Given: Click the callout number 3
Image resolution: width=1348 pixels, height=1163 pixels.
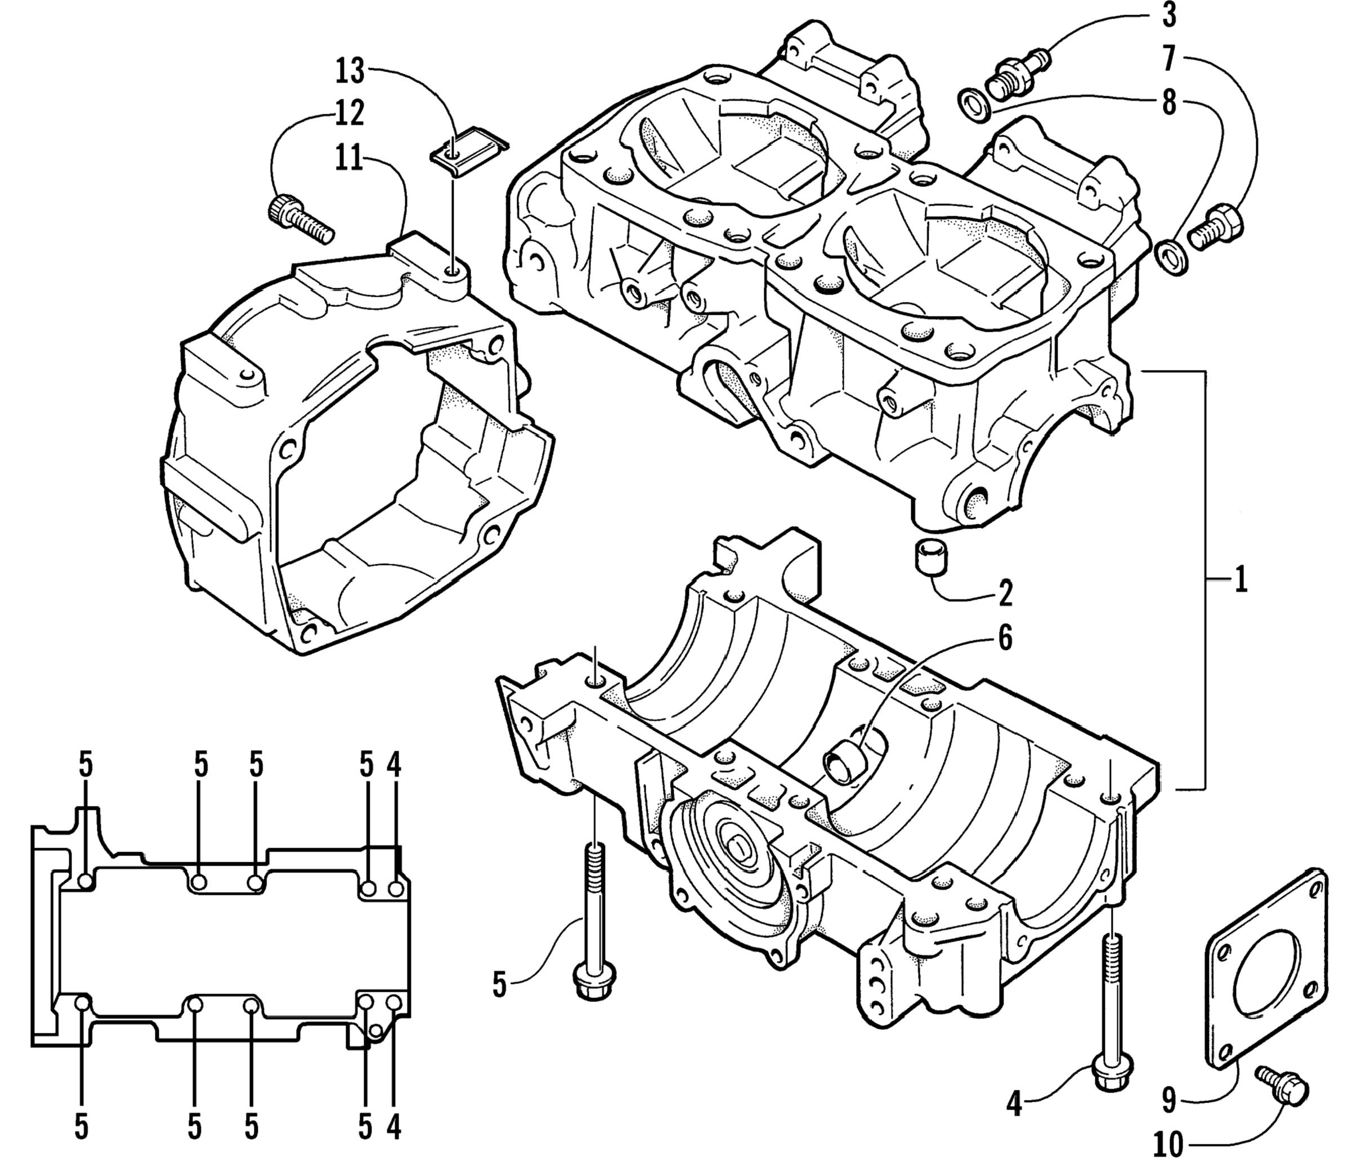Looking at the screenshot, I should (x=1169, y=16).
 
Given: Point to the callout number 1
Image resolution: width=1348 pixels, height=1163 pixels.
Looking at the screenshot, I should (x=1240, y=578).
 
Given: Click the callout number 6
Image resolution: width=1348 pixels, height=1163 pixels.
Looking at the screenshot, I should (x=1005, y=639).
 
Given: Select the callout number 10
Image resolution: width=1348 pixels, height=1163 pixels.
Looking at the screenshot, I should (x=1168, y=1144).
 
